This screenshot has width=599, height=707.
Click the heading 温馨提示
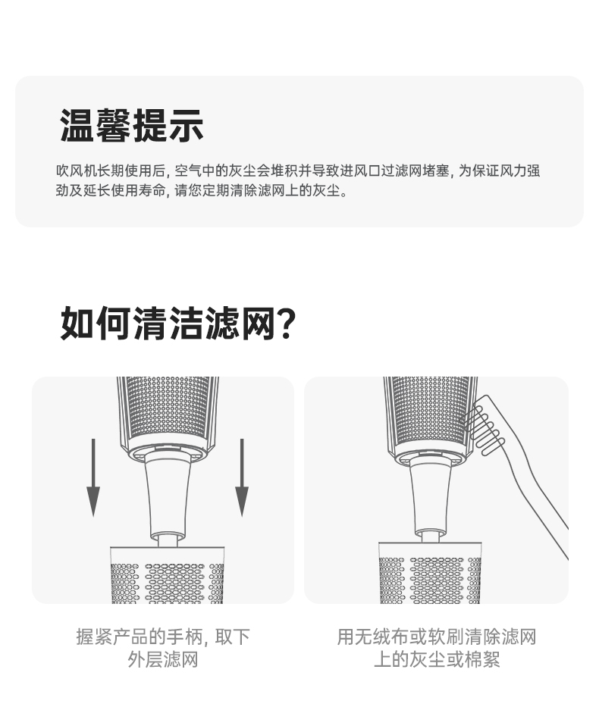(x=131, y=125)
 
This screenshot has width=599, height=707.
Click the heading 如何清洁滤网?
(x=178, y=323)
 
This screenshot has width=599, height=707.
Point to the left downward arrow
(x=93, y=477)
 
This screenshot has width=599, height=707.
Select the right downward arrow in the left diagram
(x=242, y=477)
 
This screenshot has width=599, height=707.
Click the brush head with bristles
(x=483, y=424)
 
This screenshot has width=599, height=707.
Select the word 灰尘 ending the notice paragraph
(x=326, y=190)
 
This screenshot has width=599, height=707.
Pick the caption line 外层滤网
(x=163, y=660)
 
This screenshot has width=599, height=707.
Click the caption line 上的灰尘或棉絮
(x=437, y=660)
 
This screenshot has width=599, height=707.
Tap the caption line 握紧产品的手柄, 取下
(x=163, y=637)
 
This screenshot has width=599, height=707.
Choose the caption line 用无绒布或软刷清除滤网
(x=437, y=637)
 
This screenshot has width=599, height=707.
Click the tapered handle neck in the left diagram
(x=168, y=496)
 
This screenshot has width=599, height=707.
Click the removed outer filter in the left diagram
(x=168, y=575)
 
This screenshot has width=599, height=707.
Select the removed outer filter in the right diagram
(x=430, y=573)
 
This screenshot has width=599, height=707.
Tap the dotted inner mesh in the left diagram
(x=168, y=410)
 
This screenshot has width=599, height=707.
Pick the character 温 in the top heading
(x=77, y=125)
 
